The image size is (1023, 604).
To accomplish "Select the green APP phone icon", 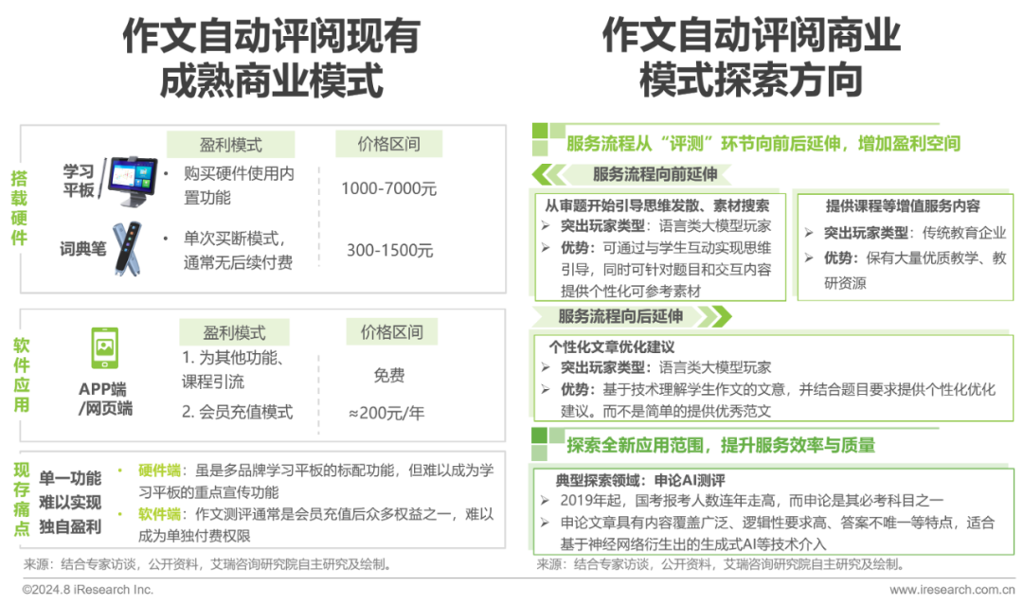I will (104, 347).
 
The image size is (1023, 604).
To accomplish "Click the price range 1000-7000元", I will (389, 187).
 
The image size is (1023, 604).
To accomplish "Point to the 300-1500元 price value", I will (389, 251).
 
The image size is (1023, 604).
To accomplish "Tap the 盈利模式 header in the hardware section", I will (231, 145).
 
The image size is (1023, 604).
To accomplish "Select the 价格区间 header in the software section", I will (391, 332).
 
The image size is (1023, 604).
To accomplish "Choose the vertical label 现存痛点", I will (19, 501).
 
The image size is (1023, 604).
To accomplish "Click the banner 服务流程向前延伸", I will (648, 174).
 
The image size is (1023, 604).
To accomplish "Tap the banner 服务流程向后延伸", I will (620, 316).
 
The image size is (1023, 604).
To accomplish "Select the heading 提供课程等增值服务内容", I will (902, 206).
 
